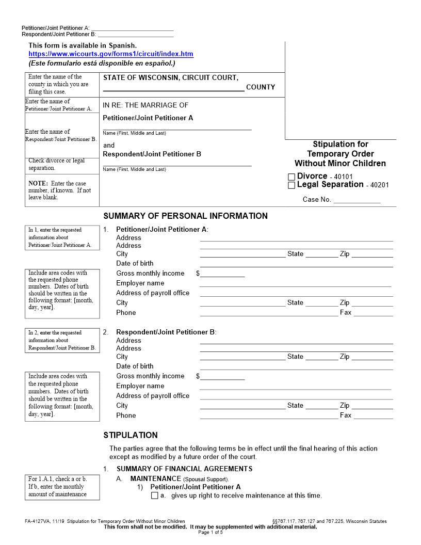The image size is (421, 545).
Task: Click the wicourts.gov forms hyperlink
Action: click(x=111, y=54)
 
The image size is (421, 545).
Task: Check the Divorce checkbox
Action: click(x=292, y=177)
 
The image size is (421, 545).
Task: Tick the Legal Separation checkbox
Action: click(x=292, y=185)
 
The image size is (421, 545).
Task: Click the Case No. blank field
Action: click(x=357, y=199)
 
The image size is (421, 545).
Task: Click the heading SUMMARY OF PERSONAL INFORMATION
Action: click(x=185, y=216)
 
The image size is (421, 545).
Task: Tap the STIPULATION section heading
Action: click(x=131, y=435)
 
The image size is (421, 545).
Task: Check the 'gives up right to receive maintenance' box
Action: click(x=155, y=496)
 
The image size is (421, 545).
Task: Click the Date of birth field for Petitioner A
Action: click(x=296, y=263)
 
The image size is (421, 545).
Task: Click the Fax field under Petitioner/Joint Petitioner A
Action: click(x=373, y=312)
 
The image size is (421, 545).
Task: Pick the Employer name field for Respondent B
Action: click(x=295, y=386)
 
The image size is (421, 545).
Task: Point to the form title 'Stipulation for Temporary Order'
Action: click(x=341, y=154)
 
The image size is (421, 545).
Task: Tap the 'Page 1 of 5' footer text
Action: click(x=211, y=532)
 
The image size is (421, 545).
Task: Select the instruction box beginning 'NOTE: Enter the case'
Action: click(x=62, y=190)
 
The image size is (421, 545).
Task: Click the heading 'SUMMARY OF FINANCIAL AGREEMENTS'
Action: click(x=184, y=469)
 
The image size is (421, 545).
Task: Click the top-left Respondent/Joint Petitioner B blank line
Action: click(x=136, y=34)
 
